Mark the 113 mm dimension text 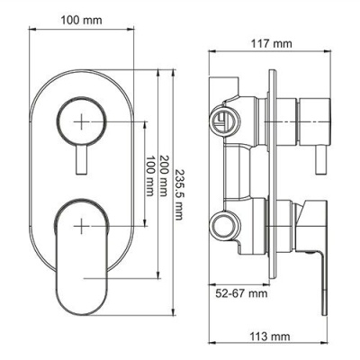click(x=268, y=337)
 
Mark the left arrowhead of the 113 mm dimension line click(x=212, y=322)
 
